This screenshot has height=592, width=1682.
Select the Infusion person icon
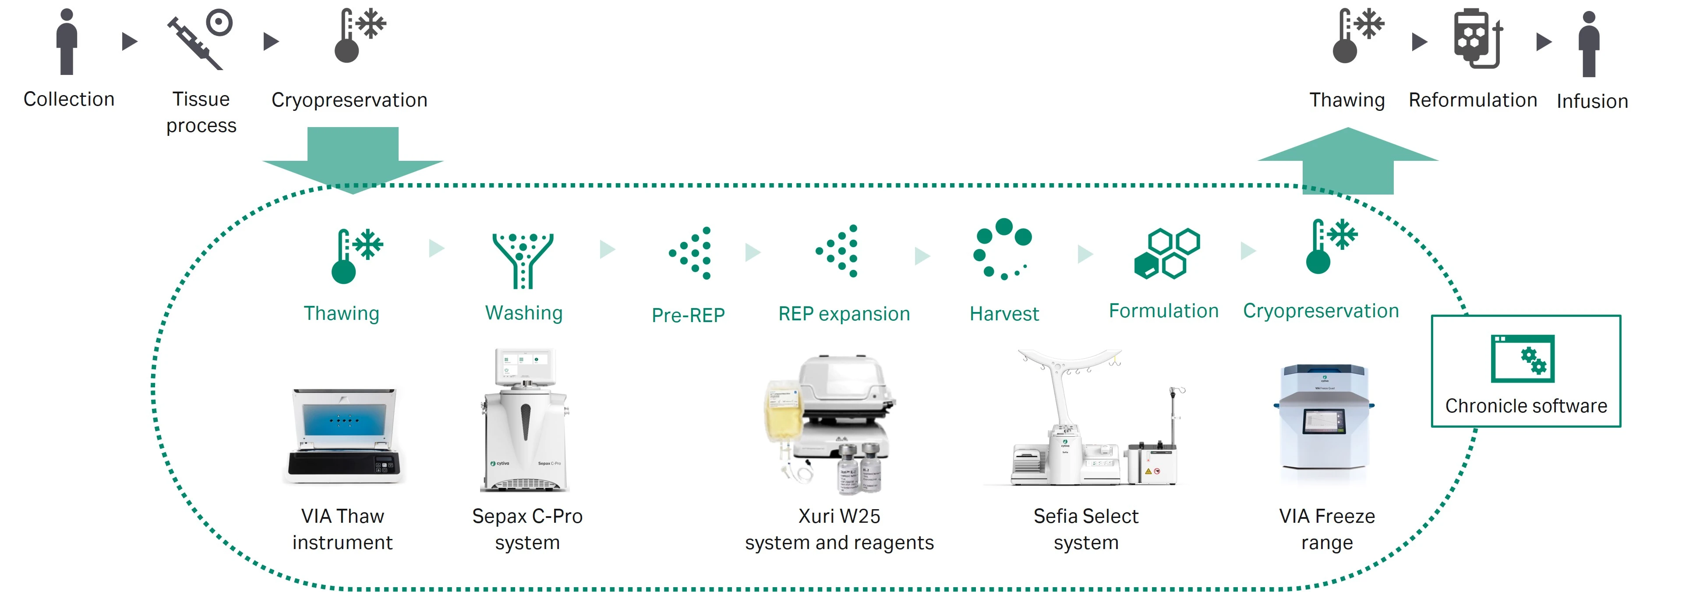1589,44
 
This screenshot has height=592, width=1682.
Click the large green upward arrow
1348,160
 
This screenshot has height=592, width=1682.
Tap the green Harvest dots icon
1002,249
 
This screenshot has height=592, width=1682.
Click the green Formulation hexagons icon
1167,254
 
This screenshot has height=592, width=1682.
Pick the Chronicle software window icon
1522,358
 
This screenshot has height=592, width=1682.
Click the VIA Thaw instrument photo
344,435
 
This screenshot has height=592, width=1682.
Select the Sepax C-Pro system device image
525,422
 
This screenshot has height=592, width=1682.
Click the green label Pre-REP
688,315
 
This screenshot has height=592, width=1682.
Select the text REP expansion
844,314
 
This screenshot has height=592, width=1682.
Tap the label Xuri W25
839,516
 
